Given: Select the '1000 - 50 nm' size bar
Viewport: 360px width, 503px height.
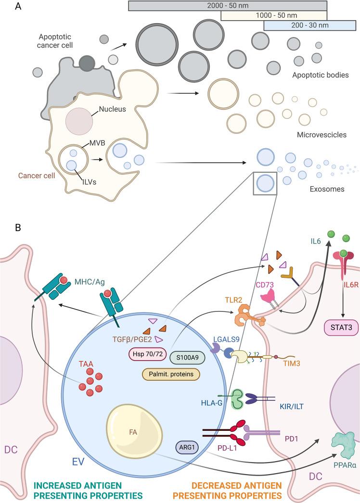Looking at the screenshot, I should [273, 15].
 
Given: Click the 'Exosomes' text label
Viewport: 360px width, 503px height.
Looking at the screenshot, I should [327, 189].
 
